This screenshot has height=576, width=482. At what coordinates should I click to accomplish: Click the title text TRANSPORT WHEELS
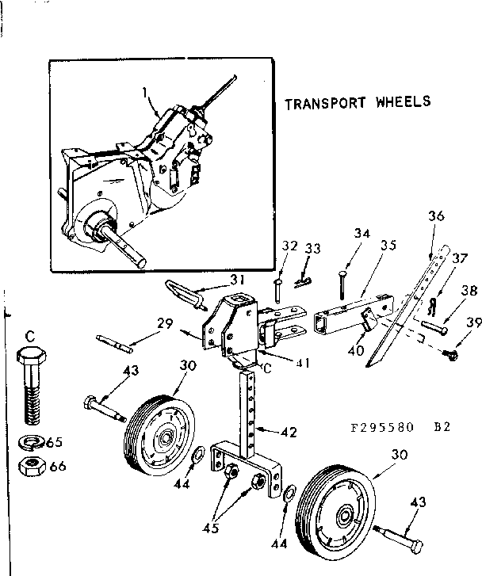(x=358, y=102)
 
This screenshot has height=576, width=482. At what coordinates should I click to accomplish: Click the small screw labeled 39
(x=449, y=354)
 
